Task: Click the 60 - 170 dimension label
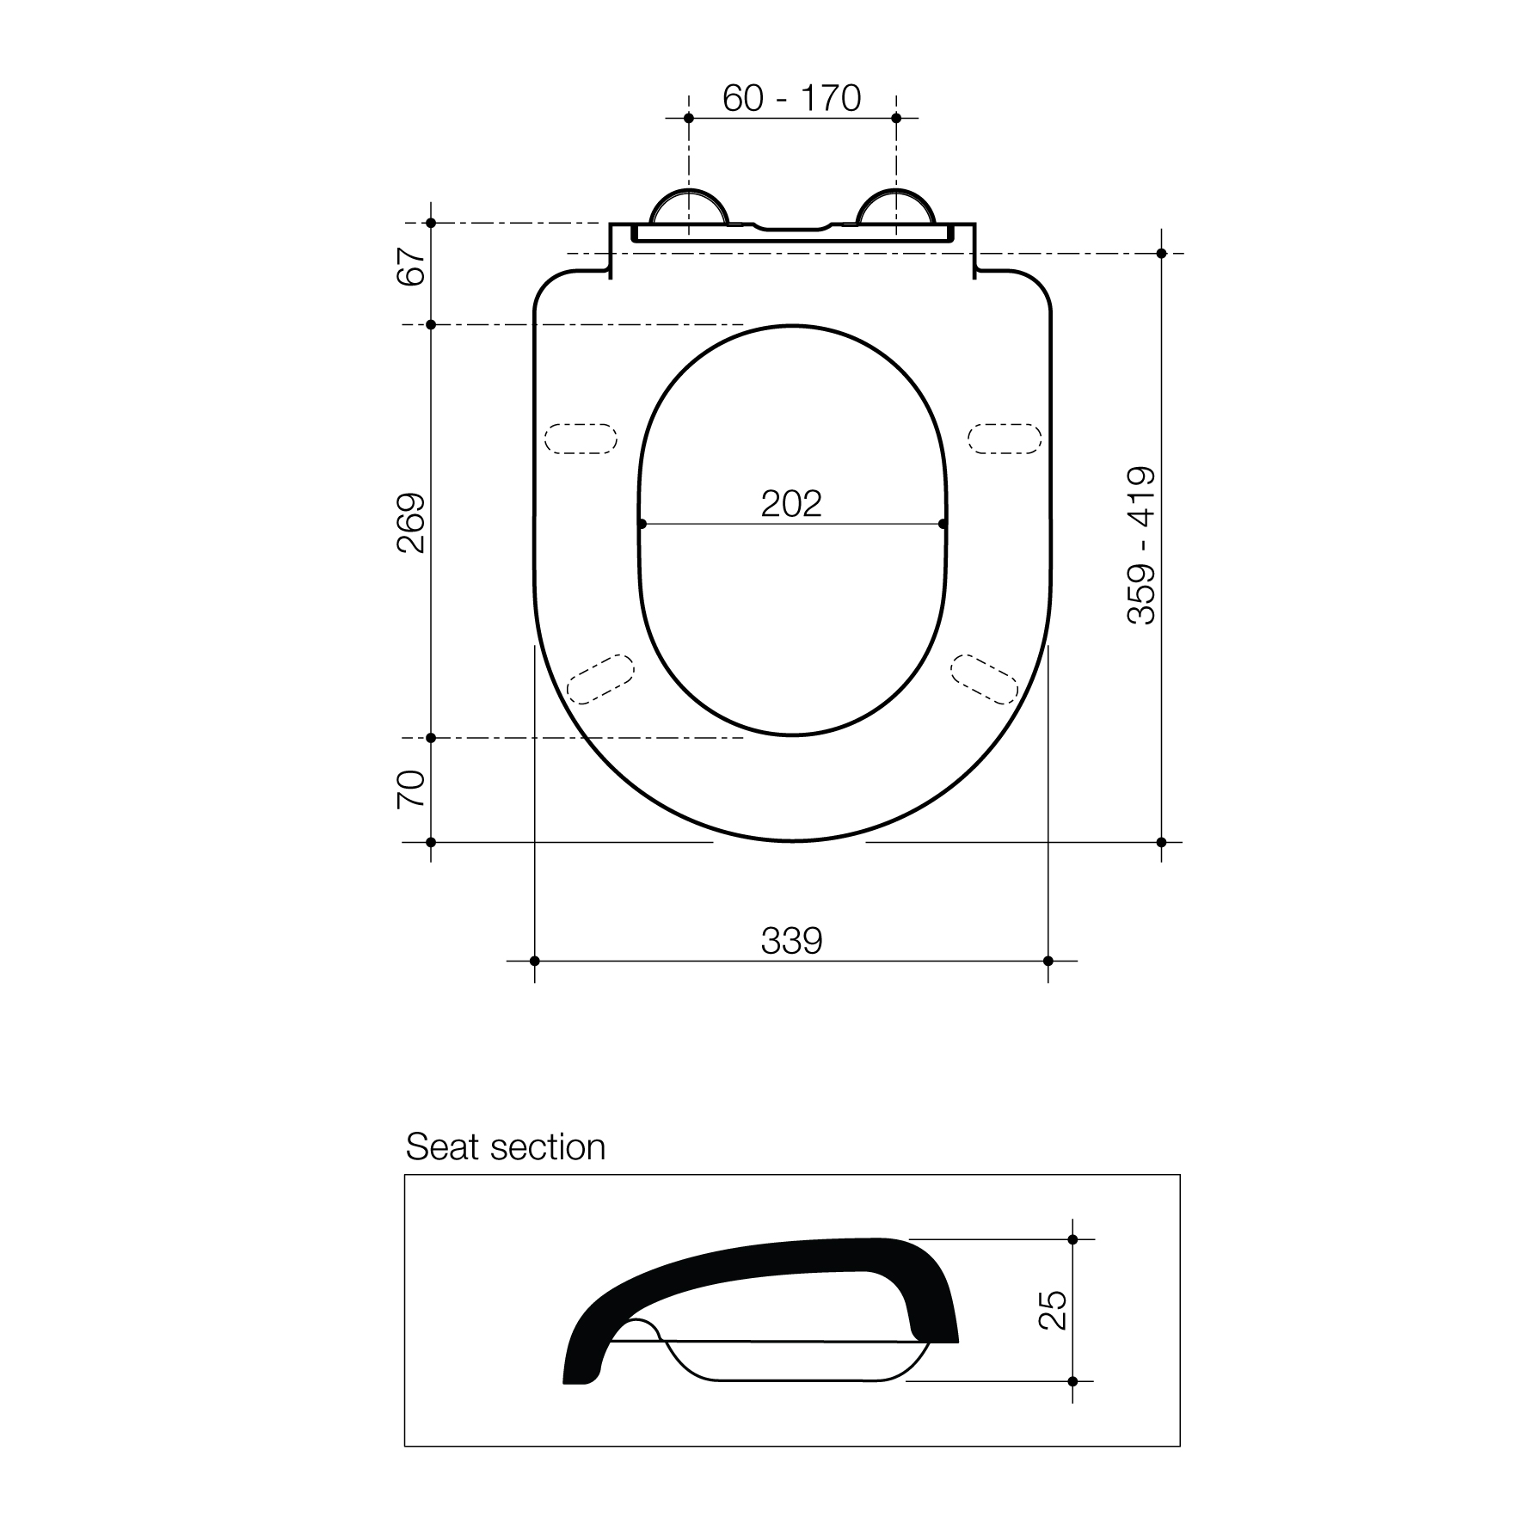791,98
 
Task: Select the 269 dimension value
412,522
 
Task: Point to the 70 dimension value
412,789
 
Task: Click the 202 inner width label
791,504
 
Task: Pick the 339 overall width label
791,941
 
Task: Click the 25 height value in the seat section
1054,1310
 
